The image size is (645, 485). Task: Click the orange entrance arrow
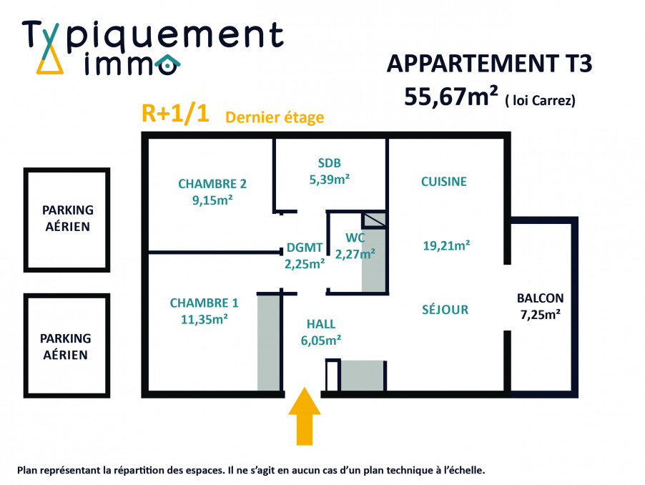coord(305,416)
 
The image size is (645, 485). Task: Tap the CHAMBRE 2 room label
coord(212,184)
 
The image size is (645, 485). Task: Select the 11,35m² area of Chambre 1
coord(205,319)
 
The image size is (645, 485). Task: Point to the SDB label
coord(330,163)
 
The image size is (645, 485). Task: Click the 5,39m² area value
coord(330,180)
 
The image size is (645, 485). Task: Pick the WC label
coord(355,237)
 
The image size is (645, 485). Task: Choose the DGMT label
coord(305,248)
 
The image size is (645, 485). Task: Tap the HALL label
coord(321,324)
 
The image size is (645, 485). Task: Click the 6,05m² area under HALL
coord(321,341)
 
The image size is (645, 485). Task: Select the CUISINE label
coord(444,182)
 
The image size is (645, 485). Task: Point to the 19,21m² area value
coord(447,246)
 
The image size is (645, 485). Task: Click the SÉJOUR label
coord(445,309)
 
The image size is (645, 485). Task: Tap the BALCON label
coord(540,298)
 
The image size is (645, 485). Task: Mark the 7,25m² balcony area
coord(540,315)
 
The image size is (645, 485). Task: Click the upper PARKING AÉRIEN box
coord(67,220)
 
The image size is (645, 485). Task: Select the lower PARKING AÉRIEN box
coord(67,346)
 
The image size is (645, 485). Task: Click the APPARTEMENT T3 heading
coord(490,64)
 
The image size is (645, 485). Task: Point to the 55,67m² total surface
coord(451,97)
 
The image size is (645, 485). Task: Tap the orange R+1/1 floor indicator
coord(175,114)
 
